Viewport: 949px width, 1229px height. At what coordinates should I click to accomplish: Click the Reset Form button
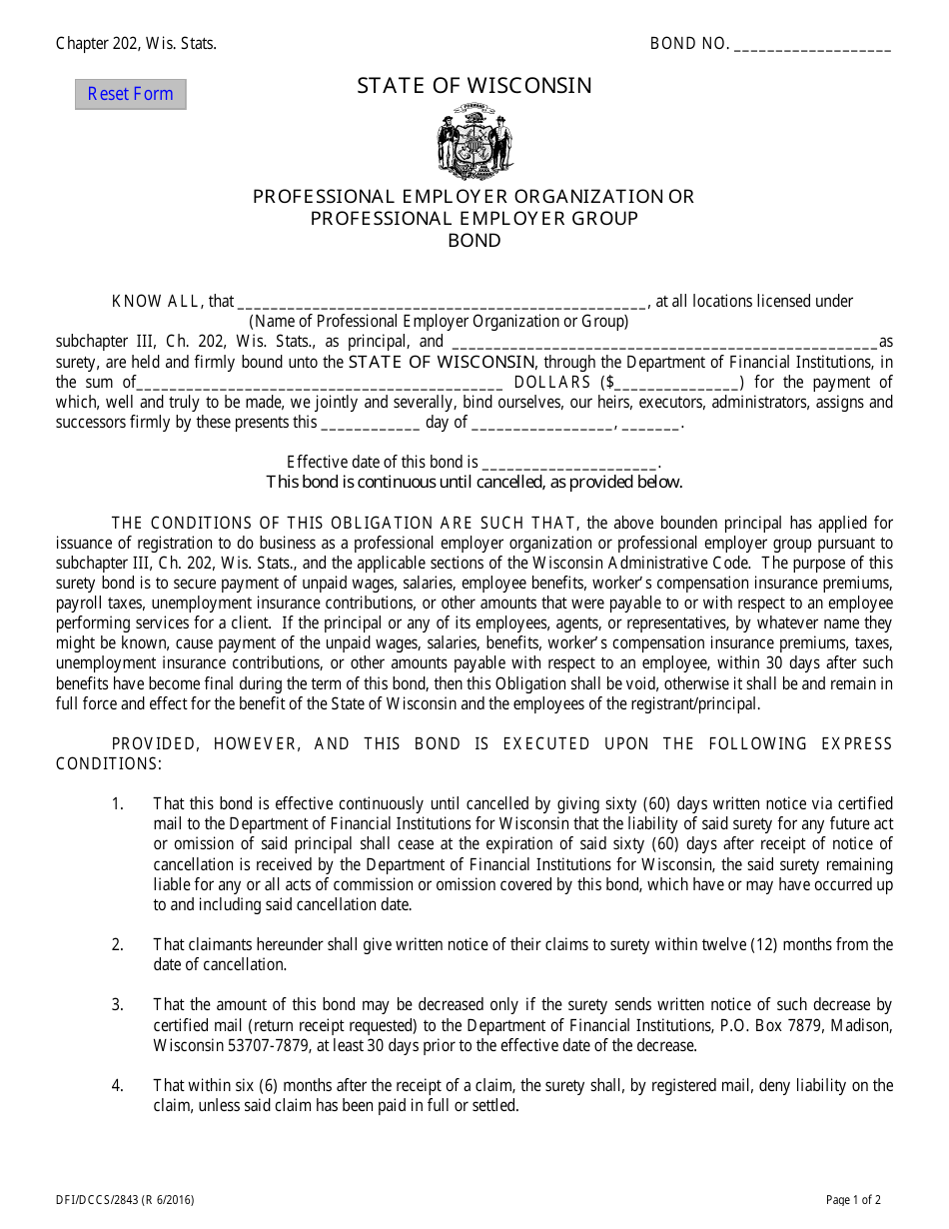tap(130, 94)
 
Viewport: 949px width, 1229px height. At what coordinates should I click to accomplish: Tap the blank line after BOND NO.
tap(812, 45)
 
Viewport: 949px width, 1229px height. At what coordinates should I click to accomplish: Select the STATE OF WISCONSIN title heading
tap(474, 86)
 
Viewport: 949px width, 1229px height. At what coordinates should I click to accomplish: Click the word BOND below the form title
tap(474, 241)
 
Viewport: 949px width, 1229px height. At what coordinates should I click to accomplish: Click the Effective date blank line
tap(569, 463)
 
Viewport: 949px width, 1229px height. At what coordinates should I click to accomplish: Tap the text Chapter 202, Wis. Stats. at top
tap(136, 43)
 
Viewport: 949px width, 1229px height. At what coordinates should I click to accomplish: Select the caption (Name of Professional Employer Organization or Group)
tap(439, 322)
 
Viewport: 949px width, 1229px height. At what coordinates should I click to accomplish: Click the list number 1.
tap(117, 804)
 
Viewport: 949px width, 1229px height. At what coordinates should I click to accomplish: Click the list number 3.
tap(117, 1005)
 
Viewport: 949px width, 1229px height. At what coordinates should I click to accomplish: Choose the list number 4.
tap(117, 1086)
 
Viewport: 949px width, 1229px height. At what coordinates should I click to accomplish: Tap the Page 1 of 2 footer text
tap(853, 1201)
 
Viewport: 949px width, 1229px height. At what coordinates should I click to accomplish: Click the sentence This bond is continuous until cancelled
tap(474, 483)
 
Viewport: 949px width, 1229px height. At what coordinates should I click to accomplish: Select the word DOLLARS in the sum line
tap(551, 383)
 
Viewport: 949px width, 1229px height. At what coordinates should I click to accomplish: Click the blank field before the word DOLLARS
tap(319, 383)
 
